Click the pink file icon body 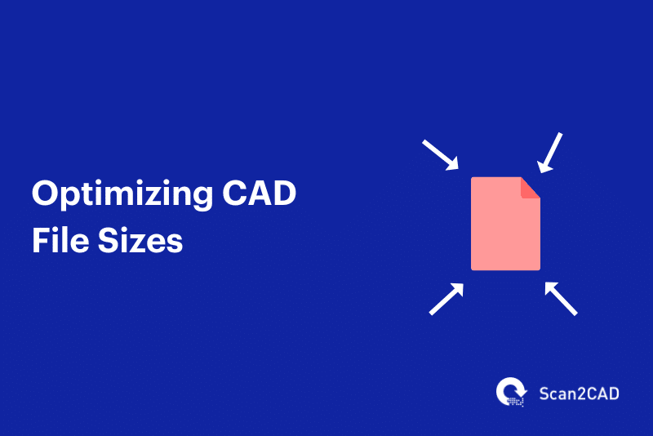pos(504,229)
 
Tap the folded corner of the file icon pos(530,187)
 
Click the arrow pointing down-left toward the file pos(551,153)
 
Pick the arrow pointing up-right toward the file pos(446,299)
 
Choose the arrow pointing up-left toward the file pos(561,298)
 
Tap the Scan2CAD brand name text pos(579,394)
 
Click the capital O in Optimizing pos(46,196)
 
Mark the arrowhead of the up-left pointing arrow pos(549,287)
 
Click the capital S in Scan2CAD pos(544,394)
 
